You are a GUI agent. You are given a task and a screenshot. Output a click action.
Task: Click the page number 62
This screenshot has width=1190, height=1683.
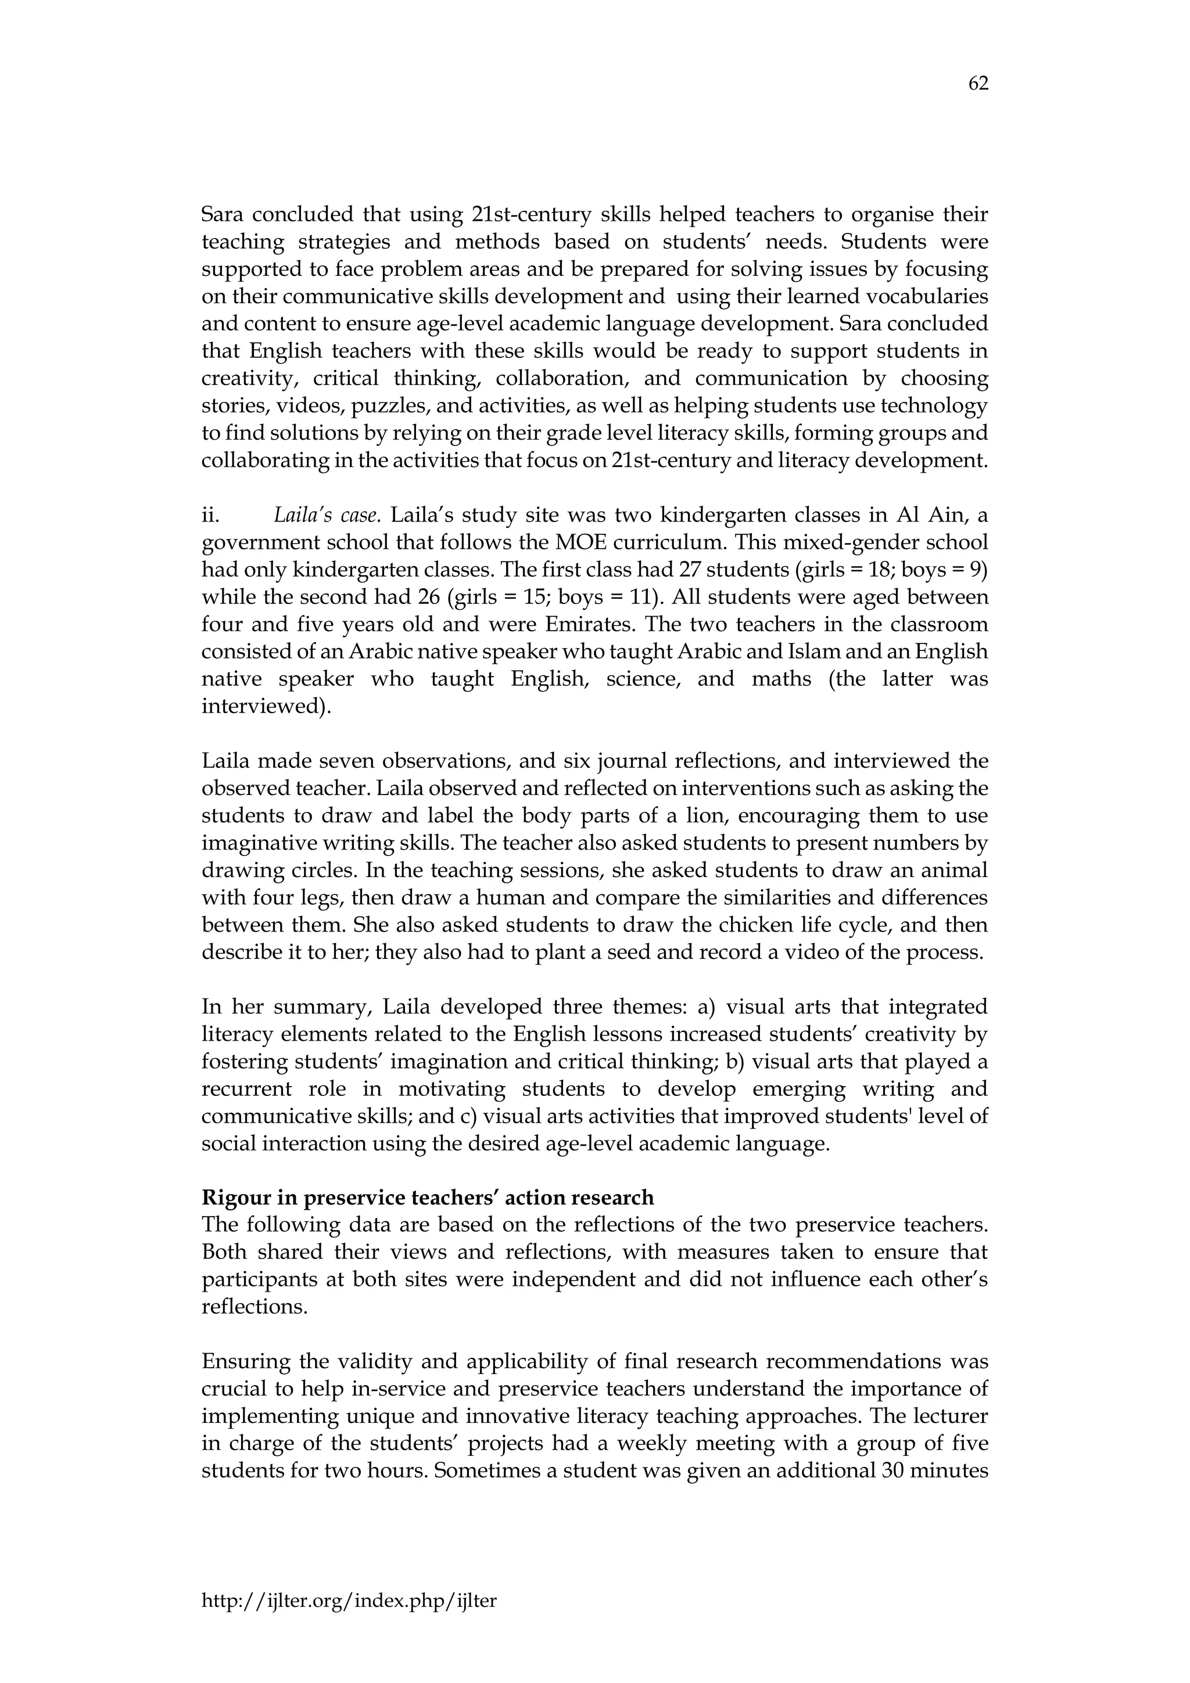pyautogui.click(x=978, y=84)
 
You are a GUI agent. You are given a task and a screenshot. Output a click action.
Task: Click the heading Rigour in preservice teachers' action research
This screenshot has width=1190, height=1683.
pyautogui.click(x=428, y=1197)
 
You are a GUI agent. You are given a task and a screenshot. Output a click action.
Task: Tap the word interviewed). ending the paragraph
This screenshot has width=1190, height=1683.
pyautogui.click(x=266, y=707)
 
